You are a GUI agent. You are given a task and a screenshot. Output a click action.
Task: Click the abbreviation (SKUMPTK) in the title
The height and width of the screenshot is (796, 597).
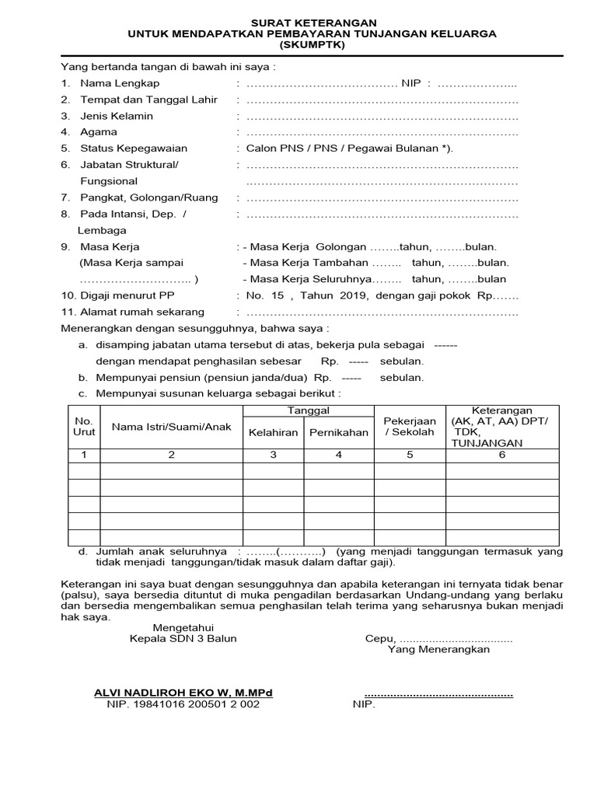[312, 45]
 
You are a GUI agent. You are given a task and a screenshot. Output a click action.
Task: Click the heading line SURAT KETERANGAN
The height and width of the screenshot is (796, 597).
[312, 23]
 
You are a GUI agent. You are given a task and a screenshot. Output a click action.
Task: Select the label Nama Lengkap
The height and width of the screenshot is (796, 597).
[120, 83]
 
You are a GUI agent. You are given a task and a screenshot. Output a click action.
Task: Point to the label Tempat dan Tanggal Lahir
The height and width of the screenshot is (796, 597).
[149, 99]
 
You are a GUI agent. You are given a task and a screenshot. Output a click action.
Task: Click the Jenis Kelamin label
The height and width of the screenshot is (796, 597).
[117, 116]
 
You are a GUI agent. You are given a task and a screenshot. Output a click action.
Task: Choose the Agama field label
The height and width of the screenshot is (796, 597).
[99, 132]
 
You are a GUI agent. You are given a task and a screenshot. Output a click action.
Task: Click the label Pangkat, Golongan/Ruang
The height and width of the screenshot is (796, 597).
[149, 197]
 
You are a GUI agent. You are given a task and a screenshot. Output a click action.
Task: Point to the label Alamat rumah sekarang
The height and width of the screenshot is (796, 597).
[142, 312]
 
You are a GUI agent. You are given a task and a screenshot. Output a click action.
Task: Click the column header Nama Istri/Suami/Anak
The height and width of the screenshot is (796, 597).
[172, 427]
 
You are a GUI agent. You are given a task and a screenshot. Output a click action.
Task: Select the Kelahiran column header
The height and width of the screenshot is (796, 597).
[273, 432]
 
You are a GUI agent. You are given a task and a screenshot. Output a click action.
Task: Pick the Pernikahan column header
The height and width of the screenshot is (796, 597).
[338, 432]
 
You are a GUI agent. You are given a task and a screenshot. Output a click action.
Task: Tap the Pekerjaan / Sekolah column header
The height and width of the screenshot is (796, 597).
[410, 426]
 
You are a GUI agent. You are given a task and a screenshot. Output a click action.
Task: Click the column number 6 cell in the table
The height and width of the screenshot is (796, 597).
[501, 455]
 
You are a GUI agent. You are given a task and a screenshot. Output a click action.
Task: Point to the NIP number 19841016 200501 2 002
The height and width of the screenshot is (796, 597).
[183, 704]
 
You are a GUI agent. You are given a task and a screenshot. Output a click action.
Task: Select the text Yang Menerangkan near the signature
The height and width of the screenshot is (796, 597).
[438, 649]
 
